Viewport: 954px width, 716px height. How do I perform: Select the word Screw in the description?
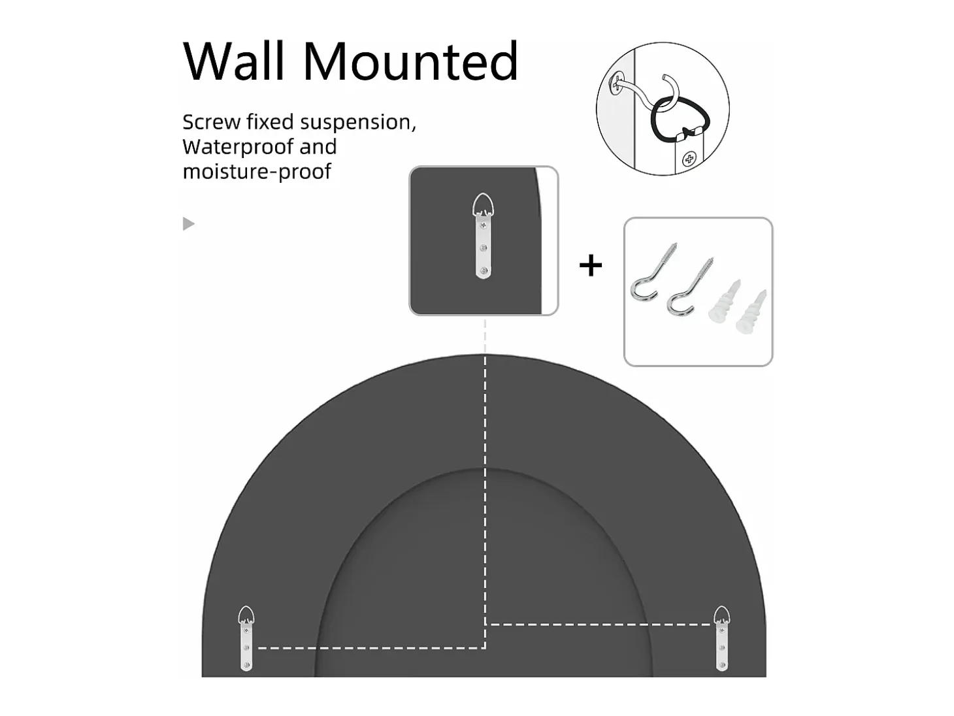(211, 122)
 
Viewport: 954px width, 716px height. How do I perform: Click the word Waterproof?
(238, 148)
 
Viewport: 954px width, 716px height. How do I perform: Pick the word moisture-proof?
(257, 172)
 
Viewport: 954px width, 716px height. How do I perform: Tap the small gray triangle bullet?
(188, 223)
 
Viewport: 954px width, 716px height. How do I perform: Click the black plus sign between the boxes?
(591, 265)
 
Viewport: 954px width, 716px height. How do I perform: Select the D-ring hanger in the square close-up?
(483, 236)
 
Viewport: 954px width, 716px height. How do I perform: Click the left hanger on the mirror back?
(246, 639)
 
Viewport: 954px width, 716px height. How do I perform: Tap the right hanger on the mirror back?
(722, 639)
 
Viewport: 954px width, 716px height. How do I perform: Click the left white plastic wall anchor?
(724, 301)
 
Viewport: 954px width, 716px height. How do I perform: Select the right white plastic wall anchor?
(751, 312)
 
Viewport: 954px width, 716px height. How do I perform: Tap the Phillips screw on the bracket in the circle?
(689, 159)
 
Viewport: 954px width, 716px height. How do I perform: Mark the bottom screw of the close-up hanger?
(484, 270)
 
